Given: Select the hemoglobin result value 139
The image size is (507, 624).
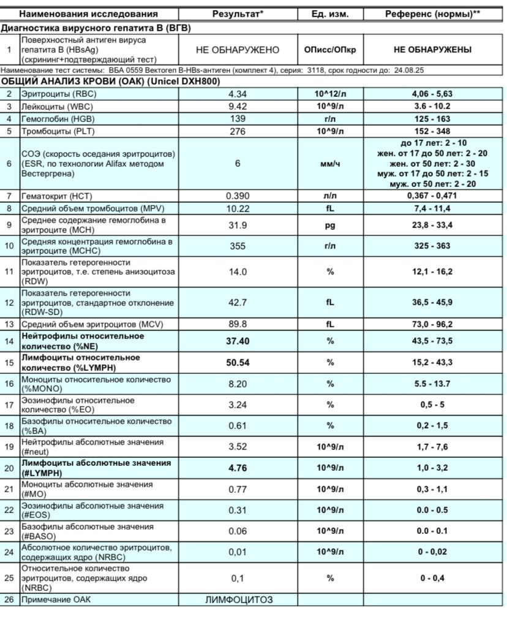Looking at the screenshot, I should pyautogui.click(x=237, y=119).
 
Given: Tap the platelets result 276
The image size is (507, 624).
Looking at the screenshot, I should pyautogui.click(x=237, y=131).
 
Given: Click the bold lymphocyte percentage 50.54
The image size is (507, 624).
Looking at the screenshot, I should pyautogui.click(x=238, y=362).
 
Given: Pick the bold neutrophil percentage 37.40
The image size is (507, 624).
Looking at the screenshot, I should pyautogui.click(x=238, y=341).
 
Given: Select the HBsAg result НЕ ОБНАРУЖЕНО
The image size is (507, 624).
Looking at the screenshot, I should pyautogui.click(x=238, y=50).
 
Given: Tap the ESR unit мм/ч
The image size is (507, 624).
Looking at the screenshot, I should pyautogui.click(x=331, y=164).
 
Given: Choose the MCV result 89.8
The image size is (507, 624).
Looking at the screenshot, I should pyautogui.click(x=237, y=324).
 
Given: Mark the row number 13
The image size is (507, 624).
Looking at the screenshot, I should pyautogui.click(x=9, y=324).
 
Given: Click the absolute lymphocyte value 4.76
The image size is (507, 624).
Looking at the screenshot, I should pyautogui.click(x=237, y=468).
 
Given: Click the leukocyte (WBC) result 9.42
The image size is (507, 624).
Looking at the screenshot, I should pyautogui.click(x=237, y=106).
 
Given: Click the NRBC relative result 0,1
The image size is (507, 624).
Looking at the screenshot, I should pyautogui.click(x=238, y=578).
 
